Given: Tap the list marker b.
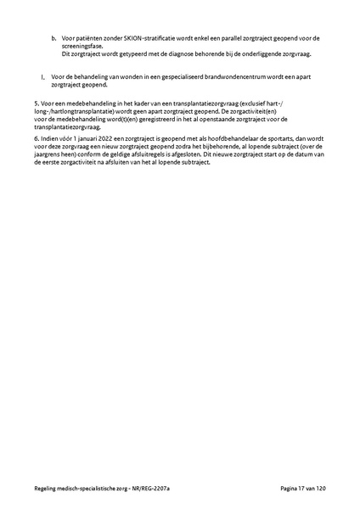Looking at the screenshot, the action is pos(53,38).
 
